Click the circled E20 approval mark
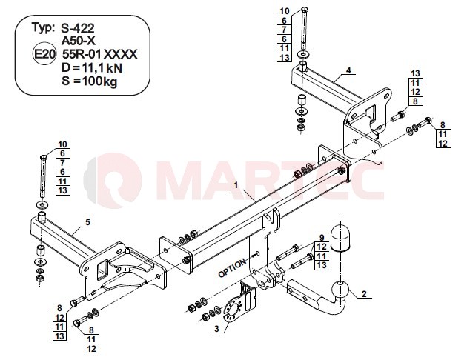click(x=44, y=54)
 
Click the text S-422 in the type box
click(x=78, y=28)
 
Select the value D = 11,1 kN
click(x=92, y=68)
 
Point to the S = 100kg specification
click(x=90, y=81)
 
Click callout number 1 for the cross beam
click(x=236, y=186)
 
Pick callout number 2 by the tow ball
click(x=364, y=294)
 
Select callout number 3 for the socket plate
click(x=216, y=329)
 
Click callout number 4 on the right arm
click(x=348, y=70)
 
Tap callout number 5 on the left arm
click(x=87, y=222)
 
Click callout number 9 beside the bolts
click(x=322, y=238)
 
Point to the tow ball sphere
click(x=340, y=290)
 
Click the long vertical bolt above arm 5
click(x=43, y=176)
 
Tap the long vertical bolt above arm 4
click(x=304, y=28)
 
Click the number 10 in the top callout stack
click(x=285, y=11)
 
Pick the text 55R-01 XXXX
click(x=100, y=55)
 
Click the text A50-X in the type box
click(x=79, y=41)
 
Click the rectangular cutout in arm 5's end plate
click(x=102, y=269)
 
